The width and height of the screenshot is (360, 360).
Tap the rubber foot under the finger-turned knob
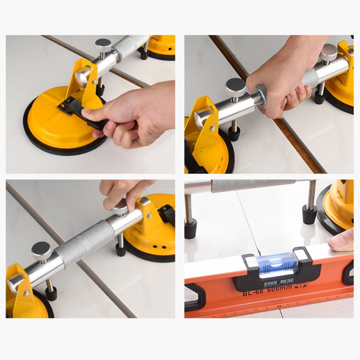tap(121, 249)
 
